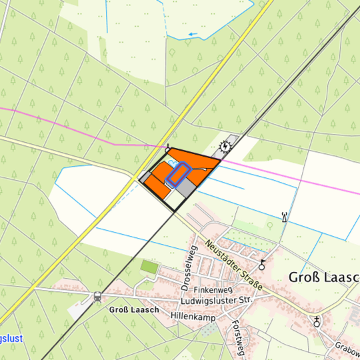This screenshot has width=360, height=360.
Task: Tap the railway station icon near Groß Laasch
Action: (x=97, y=296)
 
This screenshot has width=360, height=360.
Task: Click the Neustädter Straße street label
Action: (x=233, y=265)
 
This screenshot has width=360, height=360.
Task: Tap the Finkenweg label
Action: (x=212, y=291)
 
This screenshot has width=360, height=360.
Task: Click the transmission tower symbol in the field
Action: (x=285, y=216)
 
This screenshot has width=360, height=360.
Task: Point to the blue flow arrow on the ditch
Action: (x=193, y=33)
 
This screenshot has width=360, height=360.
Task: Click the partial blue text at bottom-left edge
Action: (x=11, y=339)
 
